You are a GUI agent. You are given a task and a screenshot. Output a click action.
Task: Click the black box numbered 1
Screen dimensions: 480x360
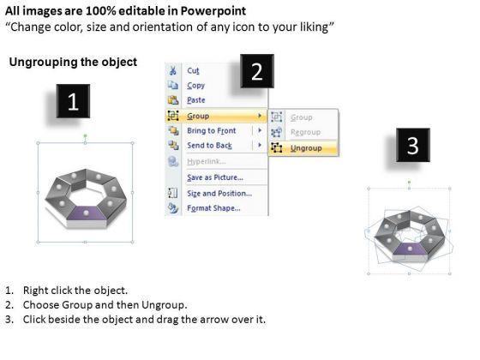(73, 101)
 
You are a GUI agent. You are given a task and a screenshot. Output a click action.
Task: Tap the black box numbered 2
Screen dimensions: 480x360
(257, 71)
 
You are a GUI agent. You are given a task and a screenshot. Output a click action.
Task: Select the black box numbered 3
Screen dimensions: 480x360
(412, 145)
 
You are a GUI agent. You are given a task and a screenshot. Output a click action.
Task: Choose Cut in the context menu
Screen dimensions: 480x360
(193, 70)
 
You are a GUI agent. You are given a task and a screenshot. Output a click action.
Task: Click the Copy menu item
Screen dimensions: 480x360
(196, 86)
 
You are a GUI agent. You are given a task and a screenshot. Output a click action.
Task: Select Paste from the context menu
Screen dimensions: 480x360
(196, 100)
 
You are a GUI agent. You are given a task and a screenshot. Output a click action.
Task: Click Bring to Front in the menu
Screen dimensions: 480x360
(212, 130)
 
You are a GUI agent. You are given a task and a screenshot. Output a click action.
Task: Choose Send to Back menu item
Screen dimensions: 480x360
(210, 146)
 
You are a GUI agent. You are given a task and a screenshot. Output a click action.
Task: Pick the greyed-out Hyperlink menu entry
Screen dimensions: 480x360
(207, 161)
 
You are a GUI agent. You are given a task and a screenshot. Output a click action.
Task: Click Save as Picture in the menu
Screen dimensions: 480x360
(215, 177)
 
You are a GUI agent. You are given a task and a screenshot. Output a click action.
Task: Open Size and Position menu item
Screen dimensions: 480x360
(219, 194)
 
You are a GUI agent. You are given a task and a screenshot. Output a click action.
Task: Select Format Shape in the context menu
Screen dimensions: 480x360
(213, 208)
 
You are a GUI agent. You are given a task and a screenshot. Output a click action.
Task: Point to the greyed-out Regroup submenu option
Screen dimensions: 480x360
(305, 132)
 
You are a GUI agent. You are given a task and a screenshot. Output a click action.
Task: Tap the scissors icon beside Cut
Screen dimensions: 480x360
(173, 70)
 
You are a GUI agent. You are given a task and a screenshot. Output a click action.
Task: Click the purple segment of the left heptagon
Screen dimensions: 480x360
(87, 213)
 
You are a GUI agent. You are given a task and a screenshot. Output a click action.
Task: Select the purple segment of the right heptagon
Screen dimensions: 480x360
(410, 249)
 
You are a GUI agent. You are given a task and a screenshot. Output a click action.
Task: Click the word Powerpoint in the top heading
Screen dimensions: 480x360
(213, 11)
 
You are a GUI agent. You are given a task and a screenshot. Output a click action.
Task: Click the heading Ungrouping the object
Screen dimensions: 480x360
(73, 62)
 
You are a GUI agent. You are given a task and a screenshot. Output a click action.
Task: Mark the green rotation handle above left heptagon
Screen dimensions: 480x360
(86, 135)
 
